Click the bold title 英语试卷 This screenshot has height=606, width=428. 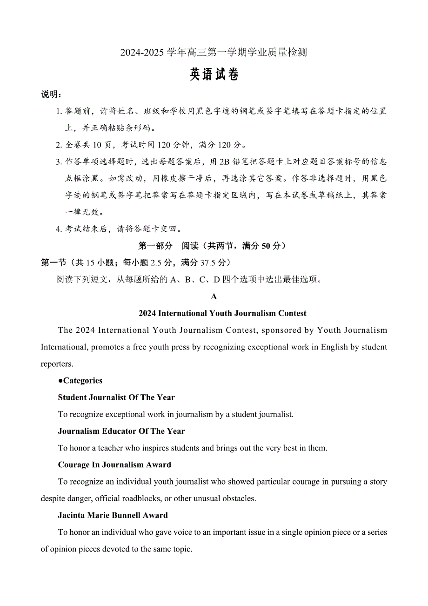click(x=214, y=75)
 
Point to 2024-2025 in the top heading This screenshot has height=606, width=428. click(x=142, y=53)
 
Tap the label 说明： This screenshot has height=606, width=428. click(x=52, y=94)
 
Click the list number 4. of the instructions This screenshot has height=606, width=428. click(x=59, y=229)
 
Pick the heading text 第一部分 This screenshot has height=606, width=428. click(x=155, y=246)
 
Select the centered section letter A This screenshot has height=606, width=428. click(x=214, y=296)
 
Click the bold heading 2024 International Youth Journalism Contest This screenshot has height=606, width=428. click(x=222, y=313)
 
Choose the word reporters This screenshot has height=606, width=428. click(x=57, y=364)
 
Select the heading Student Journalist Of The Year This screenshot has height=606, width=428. click(x=116, y=397)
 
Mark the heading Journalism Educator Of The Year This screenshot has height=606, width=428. click(x=121, y=431)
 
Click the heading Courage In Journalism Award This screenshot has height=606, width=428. click(x=114, y=465)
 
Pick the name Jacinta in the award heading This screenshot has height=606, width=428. click(x=72, y=515)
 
